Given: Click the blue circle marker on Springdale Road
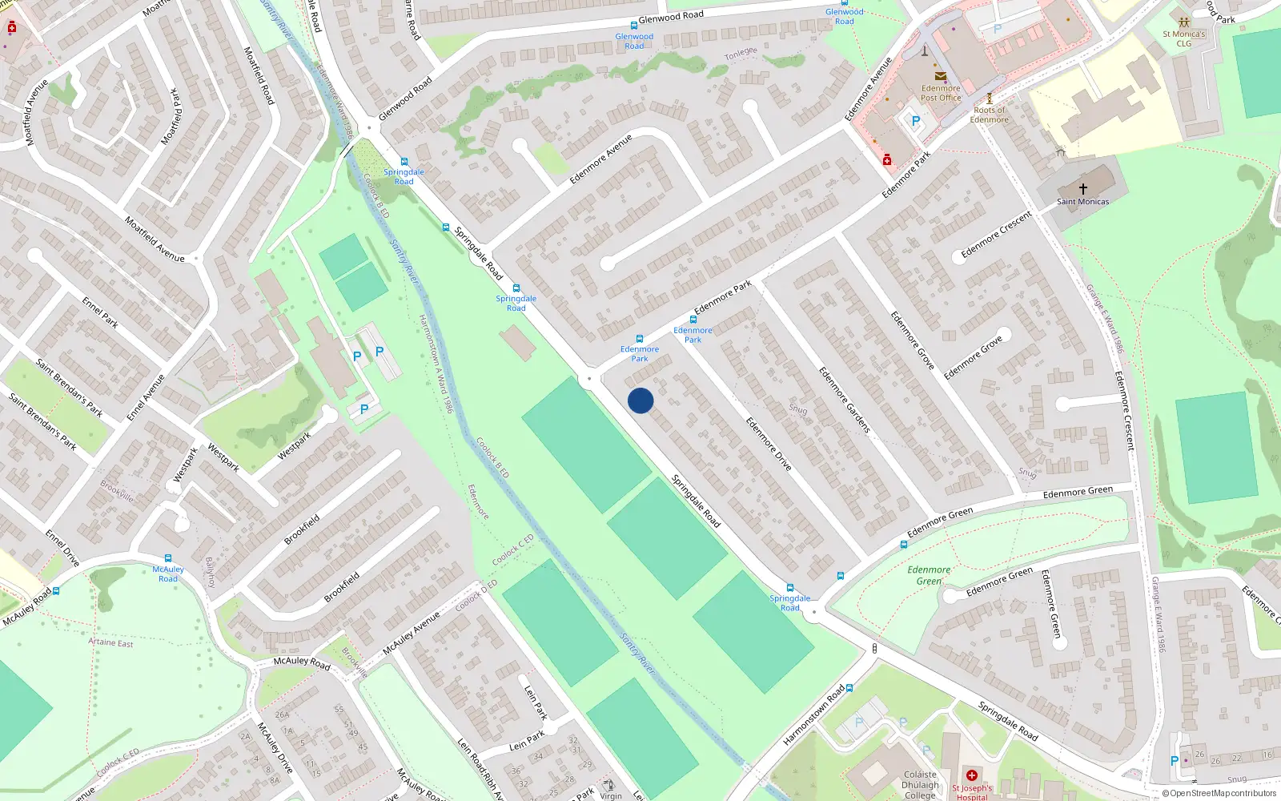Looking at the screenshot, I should click(x=640, y=400).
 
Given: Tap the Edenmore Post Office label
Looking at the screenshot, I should click(x=940, y=93).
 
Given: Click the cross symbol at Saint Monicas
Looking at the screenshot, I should click(x=1082, y=189).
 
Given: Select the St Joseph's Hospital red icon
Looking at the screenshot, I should click(x=971, y=775).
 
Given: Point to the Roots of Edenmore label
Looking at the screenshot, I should click(x=990, y=115).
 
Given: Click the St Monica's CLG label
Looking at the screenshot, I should click(x=1183, y=38).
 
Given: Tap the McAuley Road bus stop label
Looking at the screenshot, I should click(x=168, y=574).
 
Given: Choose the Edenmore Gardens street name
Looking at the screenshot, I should click(x=844, y=400).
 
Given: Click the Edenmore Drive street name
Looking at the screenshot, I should click(x=769, y=444).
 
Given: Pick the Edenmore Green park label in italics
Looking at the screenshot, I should click(x=929, y=575).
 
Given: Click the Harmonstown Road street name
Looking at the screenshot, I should click(x=813, y=715).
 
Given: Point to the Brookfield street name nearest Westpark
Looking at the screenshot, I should click(x=302, y=529).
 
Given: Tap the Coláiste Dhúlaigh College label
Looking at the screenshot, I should click(x=920, y=785).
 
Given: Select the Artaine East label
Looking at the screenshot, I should click(x=110, y=642).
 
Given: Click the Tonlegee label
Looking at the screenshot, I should click(x=741, y=54).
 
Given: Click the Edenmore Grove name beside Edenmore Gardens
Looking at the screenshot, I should click(x=912, y=340).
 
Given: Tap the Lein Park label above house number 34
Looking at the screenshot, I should click(x=526, y=741).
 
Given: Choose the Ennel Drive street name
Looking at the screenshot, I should click(x=62, y=548).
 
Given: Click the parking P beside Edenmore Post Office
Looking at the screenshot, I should click(x=915, y=122).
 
